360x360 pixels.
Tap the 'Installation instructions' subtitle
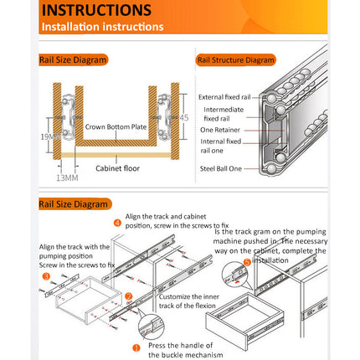pos(103,26)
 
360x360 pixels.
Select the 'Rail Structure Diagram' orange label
pos(236,60)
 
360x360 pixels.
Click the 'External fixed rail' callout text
pos(224,97)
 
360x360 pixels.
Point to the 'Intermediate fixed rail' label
pos(223,114)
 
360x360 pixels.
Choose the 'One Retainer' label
pos(222,130)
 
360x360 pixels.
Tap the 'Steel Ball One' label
pos(221,168)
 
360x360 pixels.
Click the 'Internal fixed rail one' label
pos(221,146)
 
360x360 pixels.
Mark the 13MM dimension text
pos(67,177)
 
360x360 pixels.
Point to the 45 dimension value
pos(184,117)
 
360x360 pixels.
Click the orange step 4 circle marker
pos(117,222)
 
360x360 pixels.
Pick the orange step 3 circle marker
pos(47,275)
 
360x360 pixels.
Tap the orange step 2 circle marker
pos(128,296)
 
